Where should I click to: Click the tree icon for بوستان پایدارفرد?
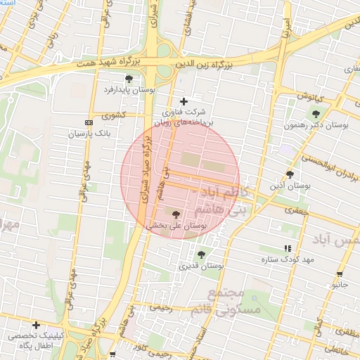(x=128, y=79)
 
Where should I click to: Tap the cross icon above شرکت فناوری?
(x=184, y=101)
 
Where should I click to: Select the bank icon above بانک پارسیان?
(x=88, y=122)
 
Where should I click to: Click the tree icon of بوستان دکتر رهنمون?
(x=316, y=113)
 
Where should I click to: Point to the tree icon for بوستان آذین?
(x=290, y=174)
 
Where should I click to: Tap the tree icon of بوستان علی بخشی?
(x=175, y=214)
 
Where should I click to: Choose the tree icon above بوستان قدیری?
(x=202, y=255)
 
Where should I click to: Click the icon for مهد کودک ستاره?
(x=287, y=248)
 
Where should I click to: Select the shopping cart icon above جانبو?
(x=340, y=274)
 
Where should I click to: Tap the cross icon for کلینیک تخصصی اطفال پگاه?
(x=36, y=325)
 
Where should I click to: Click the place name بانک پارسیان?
(x=89, y=132)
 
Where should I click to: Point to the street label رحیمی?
(x=161, y=307)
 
